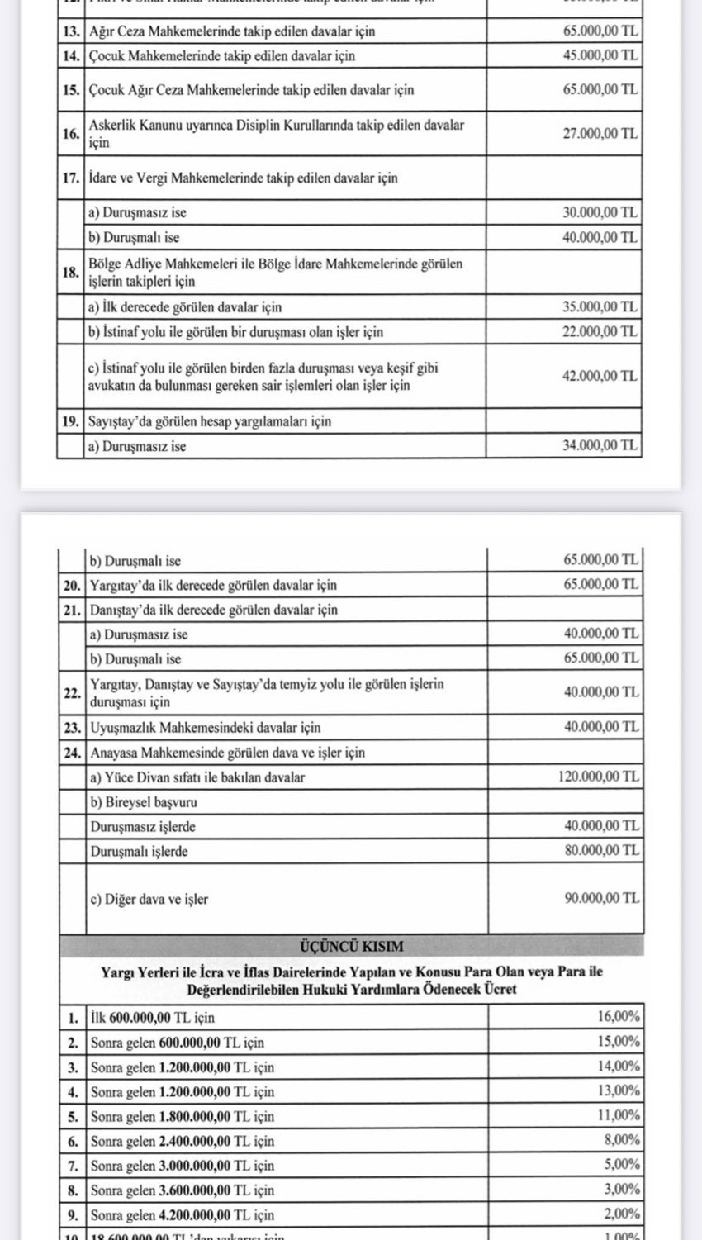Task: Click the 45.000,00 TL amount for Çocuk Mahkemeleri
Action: [x=600, y=56]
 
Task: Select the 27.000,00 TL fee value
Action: [x=600, y=133]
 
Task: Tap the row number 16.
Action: [x=70, y=133]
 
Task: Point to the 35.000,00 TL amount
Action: [x=600, y=307]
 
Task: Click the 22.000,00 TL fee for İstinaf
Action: [x=600, y=332]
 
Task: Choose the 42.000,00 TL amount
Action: [x=600, y=376]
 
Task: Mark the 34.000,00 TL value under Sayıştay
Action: [x=600, y=446]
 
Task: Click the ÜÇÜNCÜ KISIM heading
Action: [x=351, y=946]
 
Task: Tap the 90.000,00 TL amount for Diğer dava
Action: [x=601, y=898]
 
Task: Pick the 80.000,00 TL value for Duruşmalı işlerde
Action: [x=601, y=850]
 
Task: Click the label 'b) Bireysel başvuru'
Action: [x=144, y=802]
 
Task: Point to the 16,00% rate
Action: [x=618, y=1017]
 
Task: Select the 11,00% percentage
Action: [x=618, y=1115]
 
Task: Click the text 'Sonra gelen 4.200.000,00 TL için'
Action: [x=183, y=1215]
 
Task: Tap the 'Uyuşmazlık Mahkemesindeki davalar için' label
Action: [x=206, y=728]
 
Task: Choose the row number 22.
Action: [x=72, y=692]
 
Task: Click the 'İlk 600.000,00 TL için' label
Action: [x=153, y=1018]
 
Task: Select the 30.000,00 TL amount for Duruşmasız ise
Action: [x=600, y=212]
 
